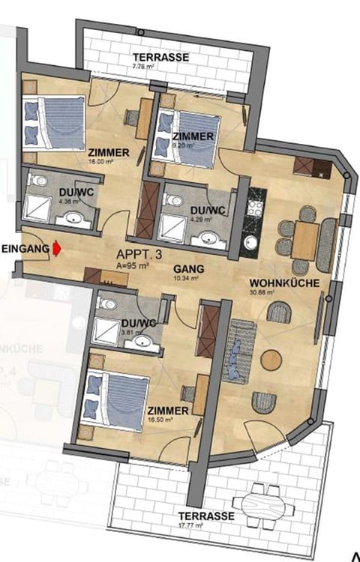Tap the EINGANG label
pyautogui.click(x=23, y=248)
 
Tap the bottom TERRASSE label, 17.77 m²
pyautogui.click(x=206, y=516)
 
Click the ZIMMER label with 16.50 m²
pyautogui.click(x=167, y=412)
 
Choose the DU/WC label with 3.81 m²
pyautogui.click(x=138, y=323)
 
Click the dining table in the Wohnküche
pyautogui.click(x=306, y=241)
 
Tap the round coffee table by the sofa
pyautogui.click(x=271, y=360)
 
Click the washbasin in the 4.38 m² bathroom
pyautogui.click(x=73, y=219)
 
